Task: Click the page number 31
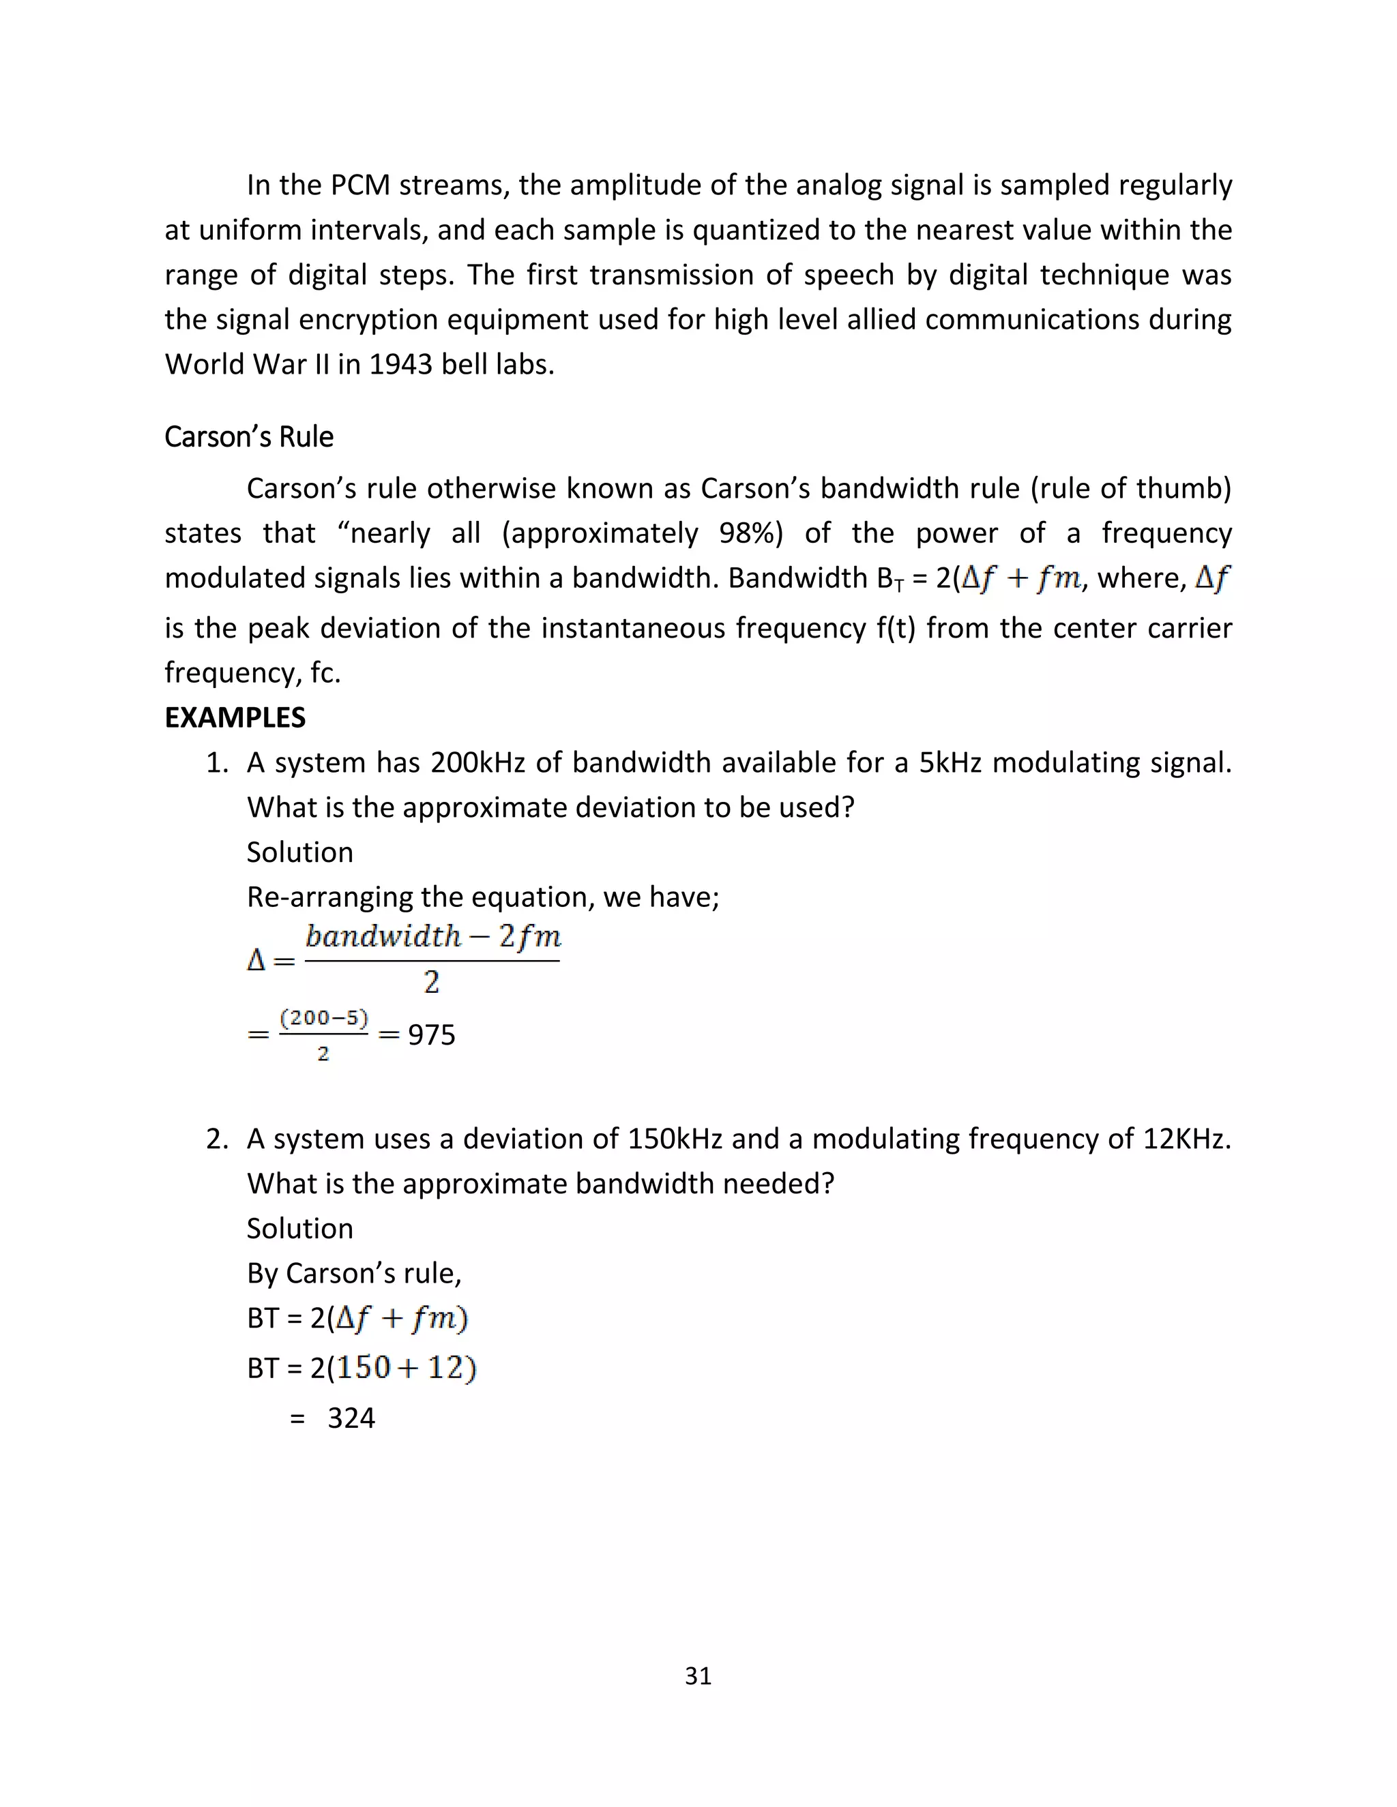pos(698,1675)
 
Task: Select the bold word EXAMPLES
pos(235,717)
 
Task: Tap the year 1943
pos(400,364)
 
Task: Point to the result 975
pos(431,1034)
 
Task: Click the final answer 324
pos(351,1418)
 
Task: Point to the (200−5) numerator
pos(323,1017)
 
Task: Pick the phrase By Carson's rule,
pos(354,1272)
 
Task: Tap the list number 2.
pos(217,1139)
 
